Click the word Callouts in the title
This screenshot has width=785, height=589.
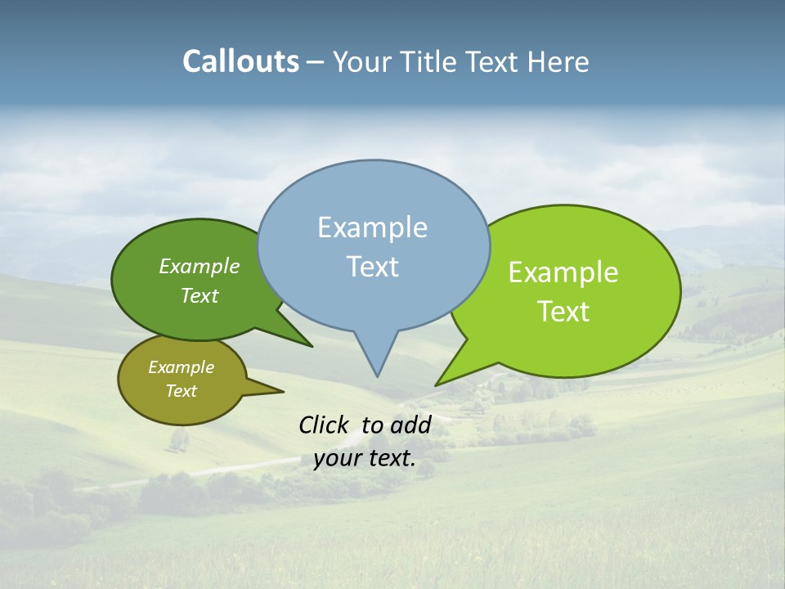point(240,61)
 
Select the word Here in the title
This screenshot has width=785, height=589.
point(558,61)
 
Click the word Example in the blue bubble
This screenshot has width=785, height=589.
point(372,227)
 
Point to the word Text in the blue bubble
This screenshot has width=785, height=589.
point(372,267)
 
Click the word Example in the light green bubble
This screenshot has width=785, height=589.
point(563,272)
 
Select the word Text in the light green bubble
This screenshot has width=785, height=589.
point(563,312)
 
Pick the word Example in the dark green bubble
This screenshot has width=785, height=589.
point(200,266)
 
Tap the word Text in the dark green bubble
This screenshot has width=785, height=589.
point(200,295)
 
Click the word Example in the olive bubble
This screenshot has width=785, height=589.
point(181,367)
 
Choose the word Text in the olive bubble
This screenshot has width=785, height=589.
point(181,391)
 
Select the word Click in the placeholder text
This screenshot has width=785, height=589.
point(323,425)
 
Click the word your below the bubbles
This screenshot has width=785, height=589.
point(338,458)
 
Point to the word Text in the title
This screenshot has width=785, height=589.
point(491,61)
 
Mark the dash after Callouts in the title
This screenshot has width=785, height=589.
point(316,62)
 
